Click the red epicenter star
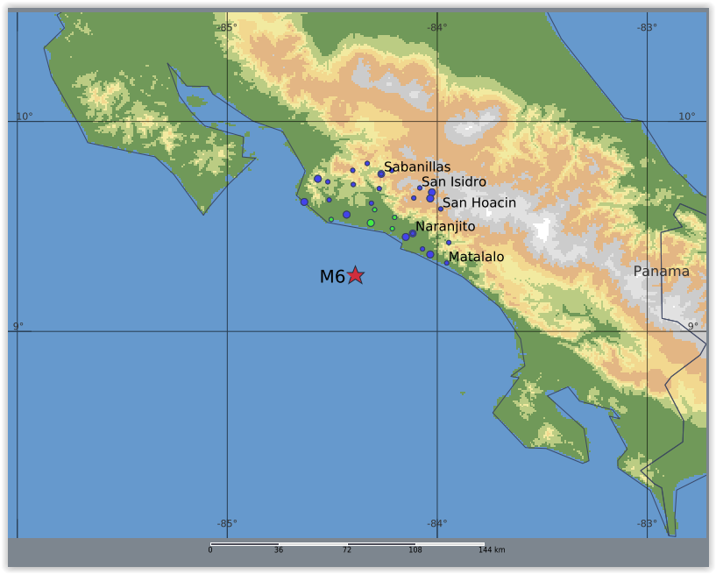pyautogui.click(x=355, y=275)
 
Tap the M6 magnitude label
pyautogui.click(x=332, y=277)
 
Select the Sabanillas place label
pyautogui.click(x=417, y=167)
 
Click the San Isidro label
pyautogui.click(x=454, y=181)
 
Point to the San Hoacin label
pyautogui.click(x=479, y=202)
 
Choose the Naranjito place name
pyautogui.click(x=445, y=226)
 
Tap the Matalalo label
pyautogui.click(x=476, y=257)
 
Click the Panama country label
pyautogui.click(x=662, y=272)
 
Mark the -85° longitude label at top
pyautogui.click(x=227, y=27)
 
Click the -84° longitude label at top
pyautogui.click(x=436, y=27)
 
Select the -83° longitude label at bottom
pyautogui.click(x=647, y=524)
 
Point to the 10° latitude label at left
pyautogui.click(x=24, y=117)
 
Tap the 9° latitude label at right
pyautogui.click(x=692, y=327)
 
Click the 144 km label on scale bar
pyautogui.click(x=492, y=550)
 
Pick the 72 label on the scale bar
pyautogui.click(x=347, y=550)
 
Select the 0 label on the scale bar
pyautogui.click(x=210, y=550)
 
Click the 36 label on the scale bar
pyautogui.click(x=279, y=550)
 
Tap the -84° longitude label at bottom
pyautogui.click(x=436, y=524)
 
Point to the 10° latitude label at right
pyautogui.click(x=686, y=117)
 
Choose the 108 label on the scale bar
pyautogui.click(x=415, y=550)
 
